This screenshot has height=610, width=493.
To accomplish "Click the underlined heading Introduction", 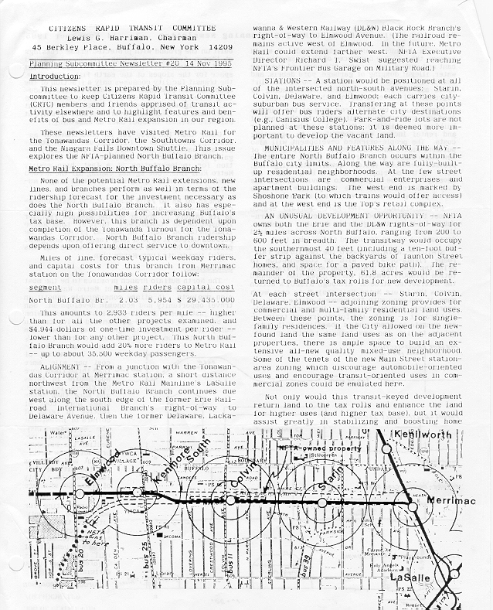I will click(x=54, y=78).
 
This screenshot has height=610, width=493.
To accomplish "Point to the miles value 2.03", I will click(x=127, y=298).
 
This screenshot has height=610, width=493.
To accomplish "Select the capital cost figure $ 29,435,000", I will click(x=203, y=298).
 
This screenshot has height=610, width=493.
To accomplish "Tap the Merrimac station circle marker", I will click(x=408, y=502).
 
